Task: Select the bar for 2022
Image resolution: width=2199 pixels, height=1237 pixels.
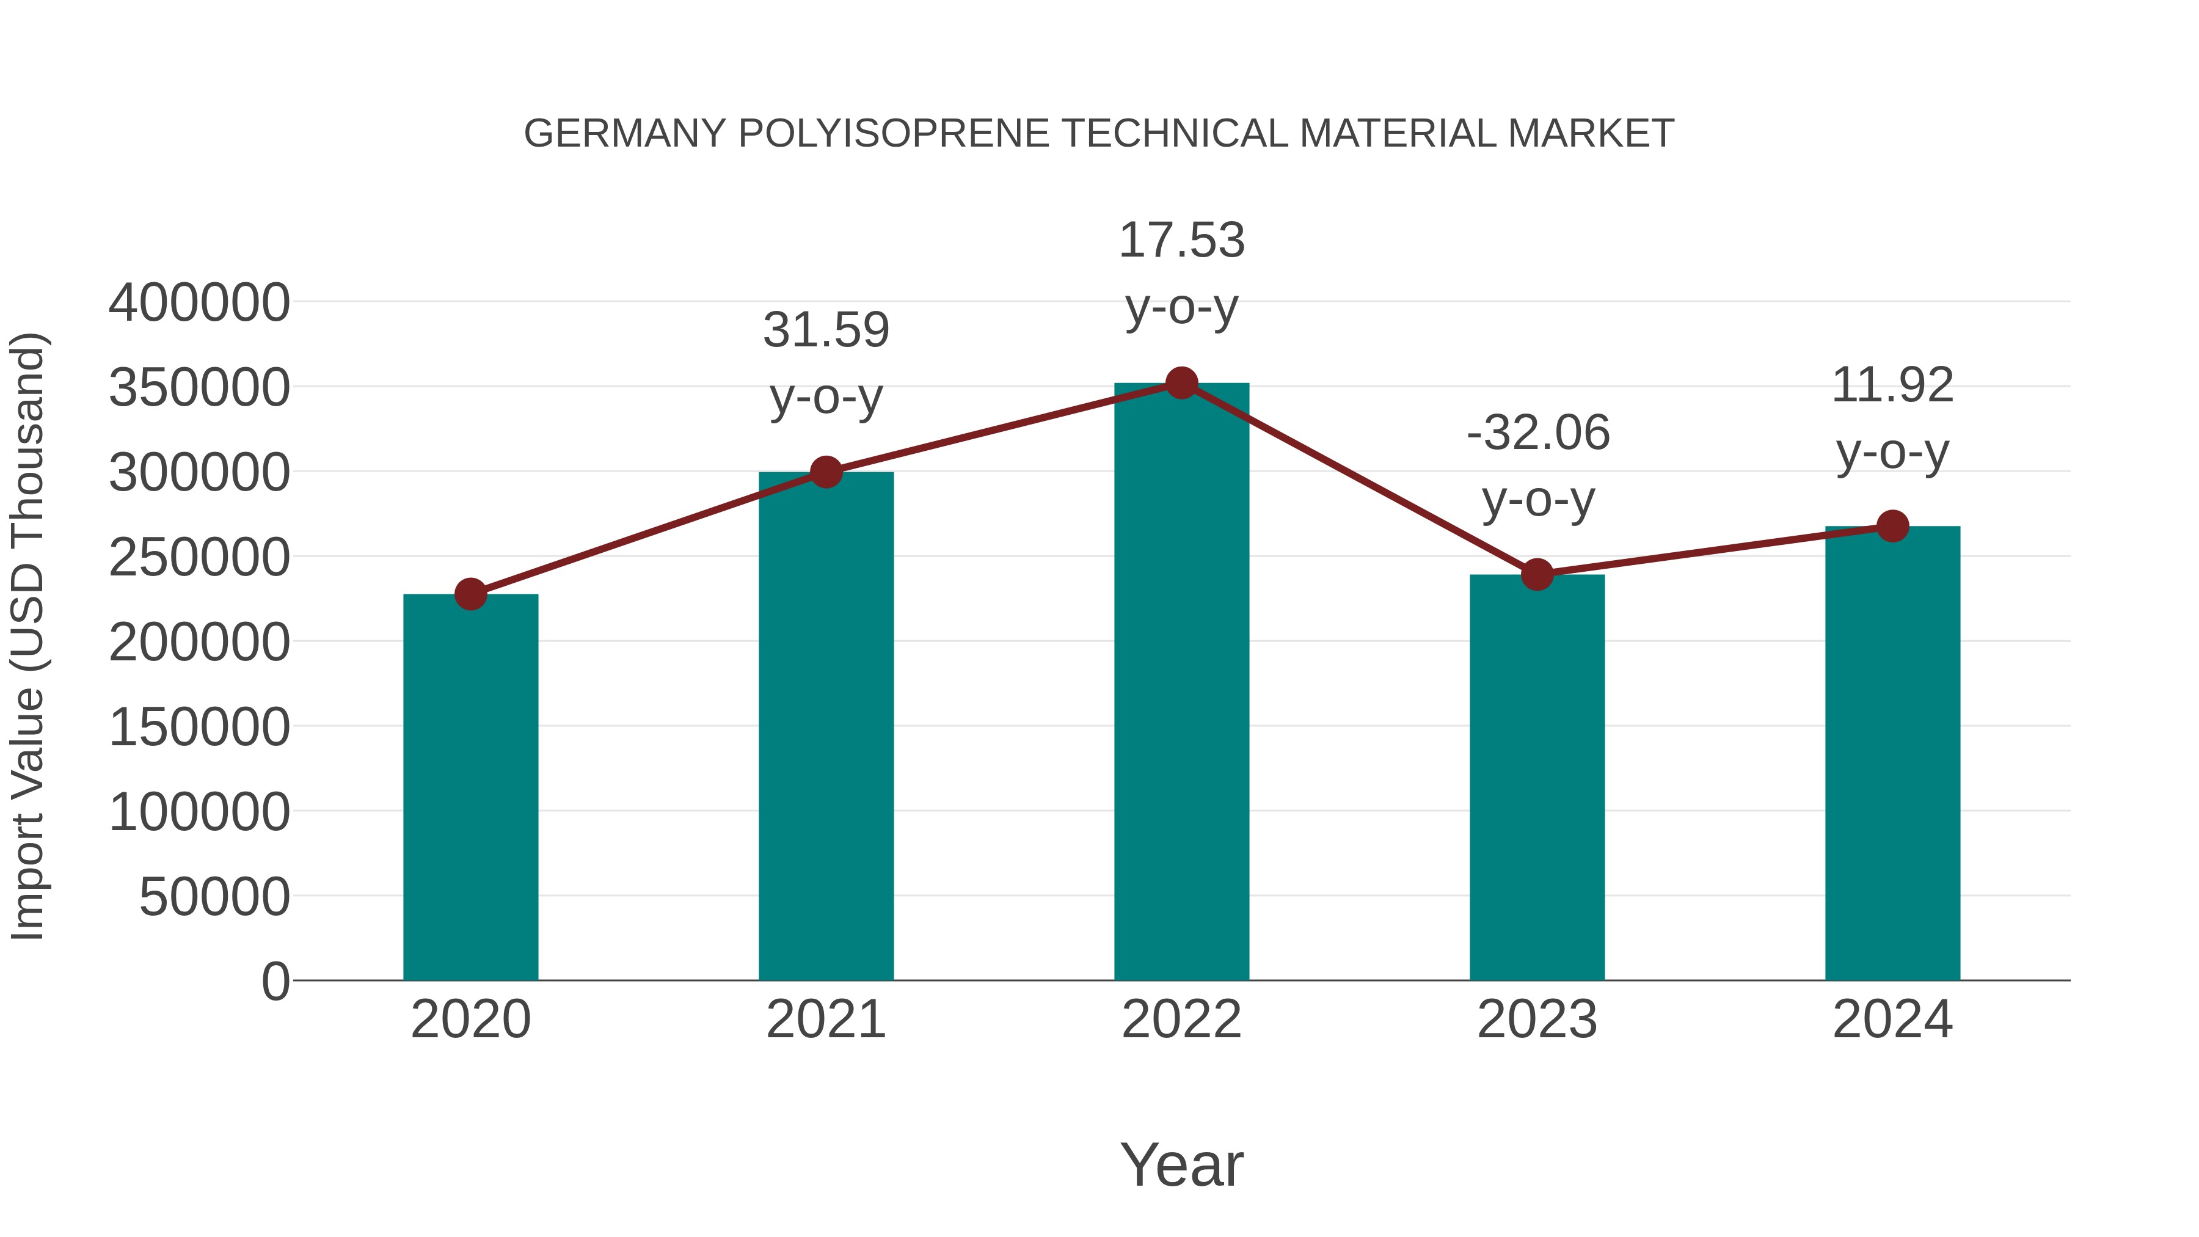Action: (1181, 683)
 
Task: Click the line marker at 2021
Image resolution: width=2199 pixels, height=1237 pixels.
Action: (825, 471)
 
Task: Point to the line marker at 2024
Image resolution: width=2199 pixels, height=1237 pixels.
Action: (1892, 526)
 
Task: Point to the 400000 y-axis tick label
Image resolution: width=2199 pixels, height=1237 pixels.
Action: (199, 303)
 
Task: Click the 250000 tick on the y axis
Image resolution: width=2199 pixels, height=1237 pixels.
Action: (199, 558)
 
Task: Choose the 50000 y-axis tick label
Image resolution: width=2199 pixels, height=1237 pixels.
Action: (214, 897)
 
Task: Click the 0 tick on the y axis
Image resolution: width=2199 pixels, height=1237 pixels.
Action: (275, 982)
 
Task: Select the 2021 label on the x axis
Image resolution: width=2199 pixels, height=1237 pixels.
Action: (825, 1020)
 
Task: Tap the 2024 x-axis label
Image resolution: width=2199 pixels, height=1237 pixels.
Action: (1892, 1020)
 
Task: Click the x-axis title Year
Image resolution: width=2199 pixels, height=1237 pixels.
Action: (1181, 1164)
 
